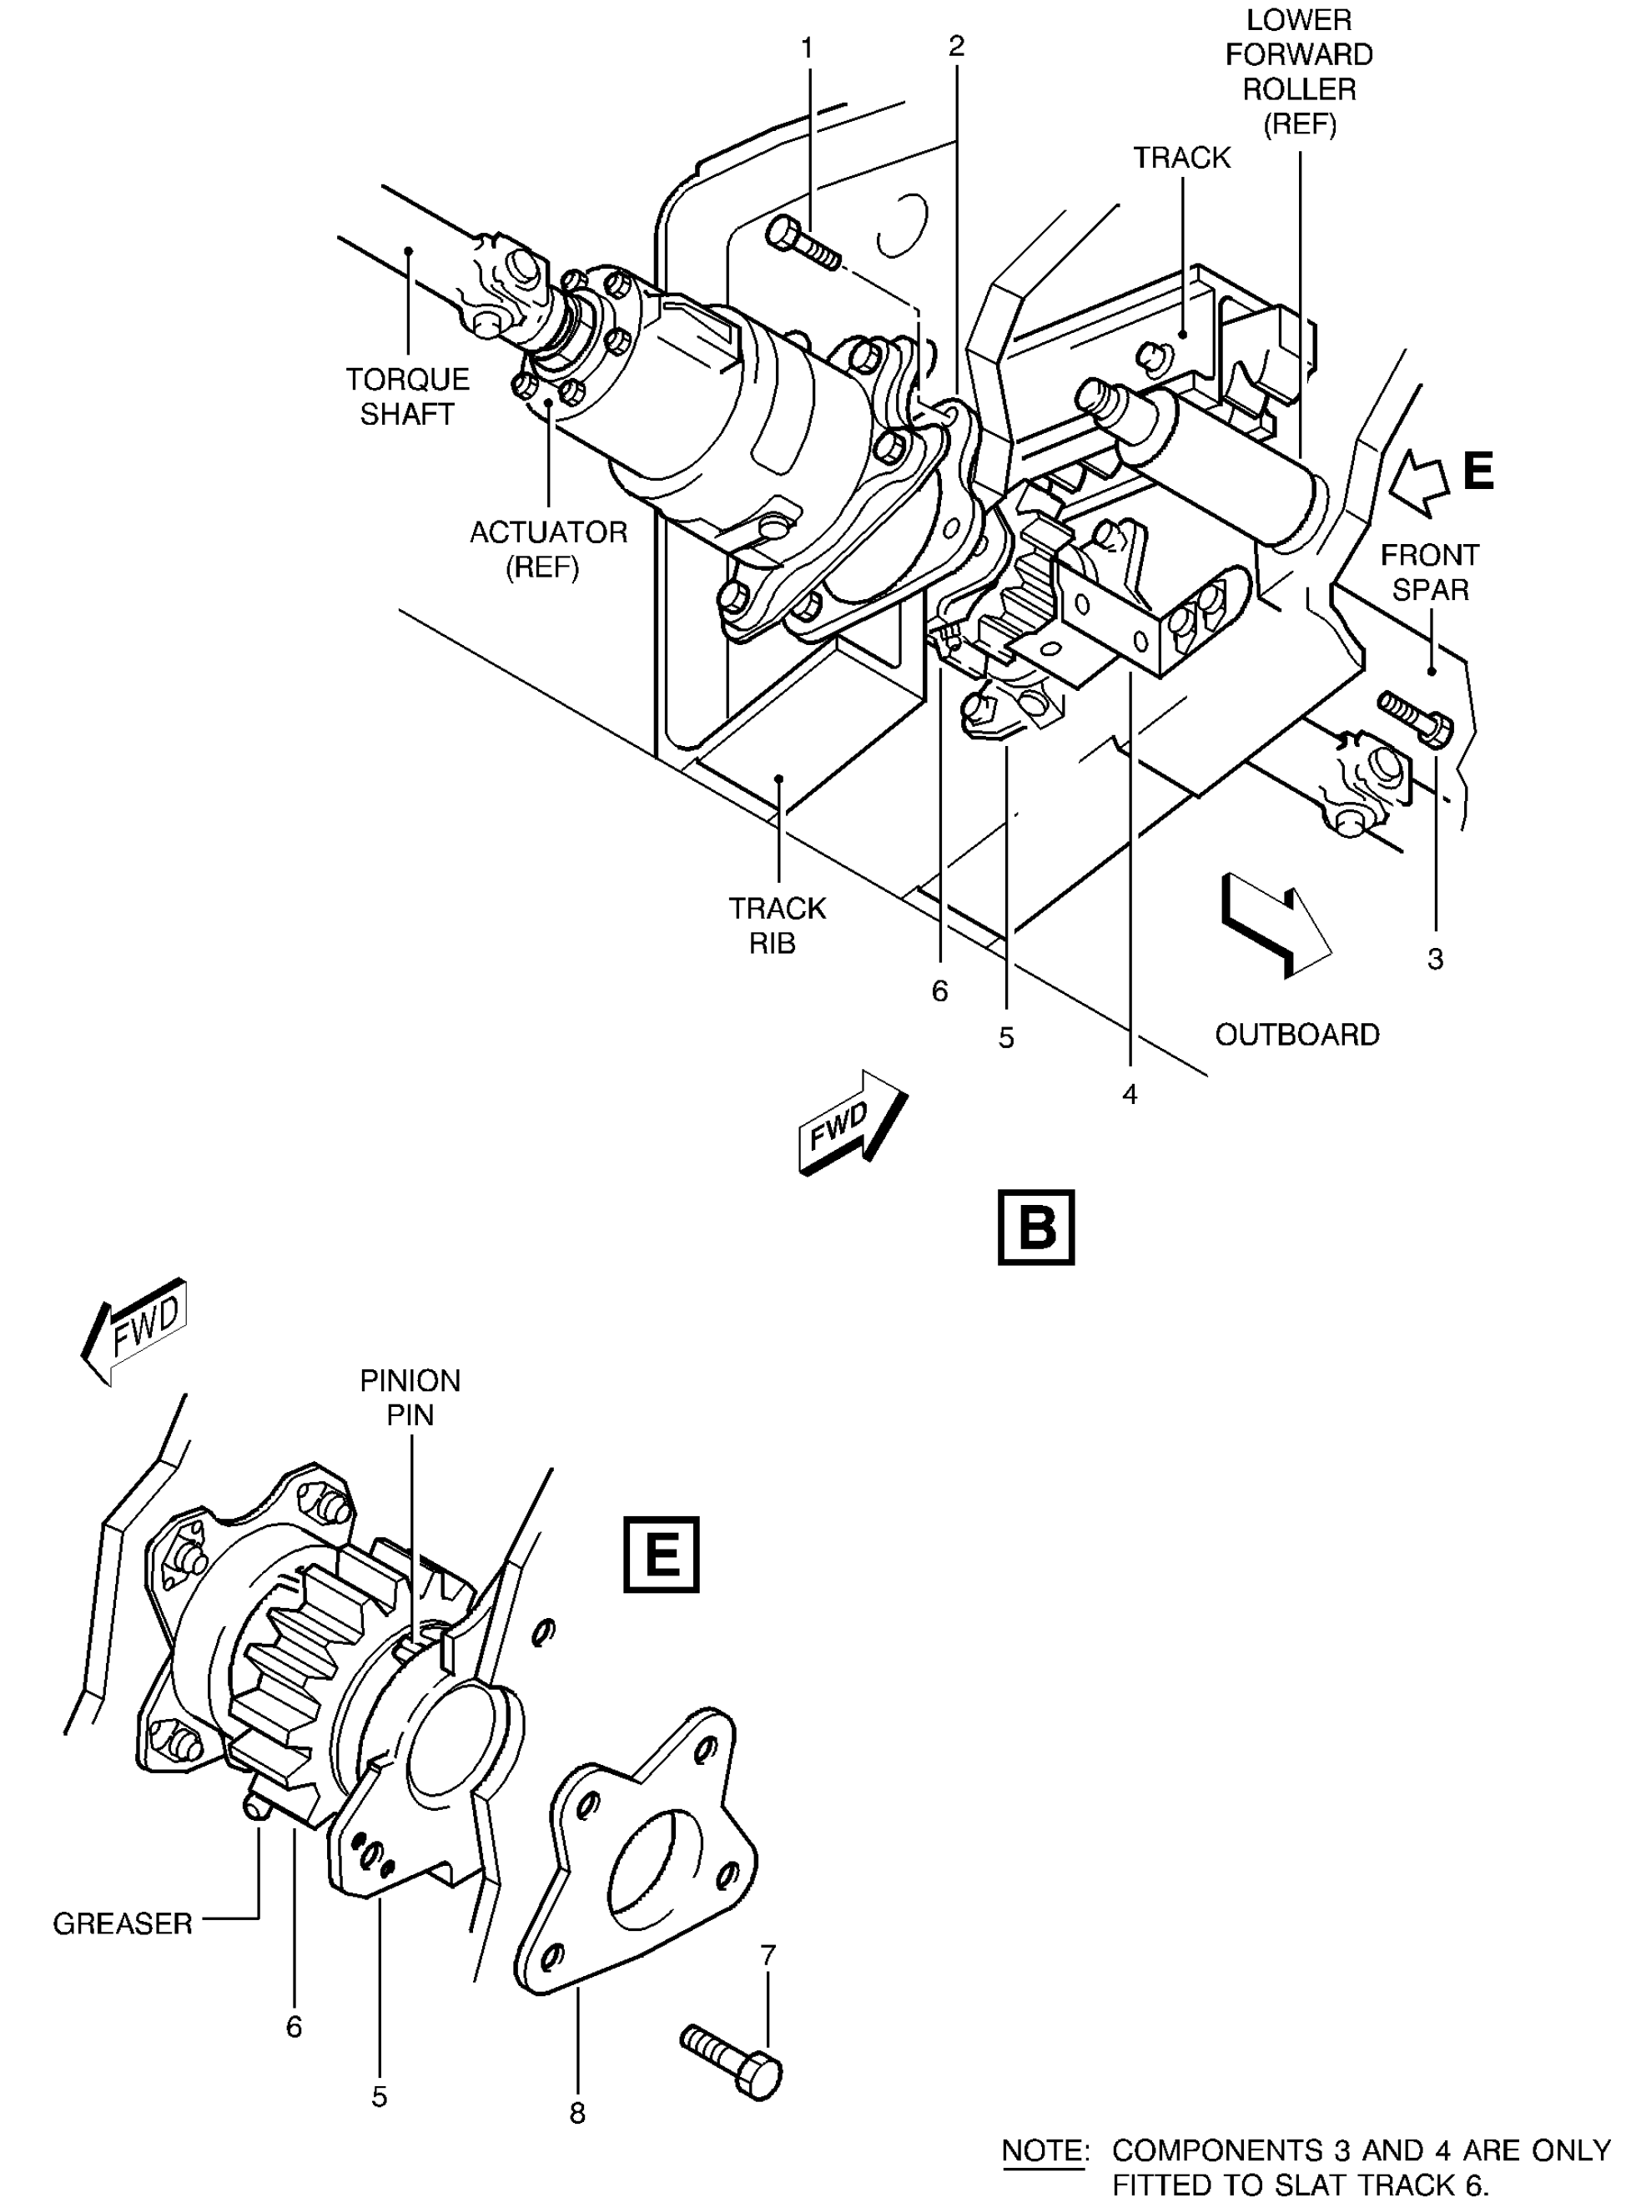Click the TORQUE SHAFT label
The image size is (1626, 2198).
[407, 396]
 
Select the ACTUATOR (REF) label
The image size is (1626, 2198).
[548, 549]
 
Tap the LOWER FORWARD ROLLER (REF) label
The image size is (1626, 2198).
[1299, 72]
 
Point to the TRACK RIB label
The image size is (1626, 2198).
[777, 925]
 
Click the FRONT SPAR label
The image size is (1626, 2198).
[1429, 572]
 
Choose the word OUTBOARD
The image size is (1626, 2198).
[1297, 1035]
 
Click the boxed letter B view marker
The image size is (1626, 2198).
[1036, 1228]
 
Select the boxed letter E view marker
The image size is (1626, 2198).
[662, 1555]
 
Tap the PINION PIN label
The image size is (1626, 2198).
[410, 1398]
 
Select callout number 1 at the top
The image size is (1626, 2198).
[807, 48]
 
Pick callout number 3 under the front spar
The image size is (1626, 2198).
[1435, 959]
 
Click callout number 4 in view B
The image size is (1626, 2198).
[1130, 1094]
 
